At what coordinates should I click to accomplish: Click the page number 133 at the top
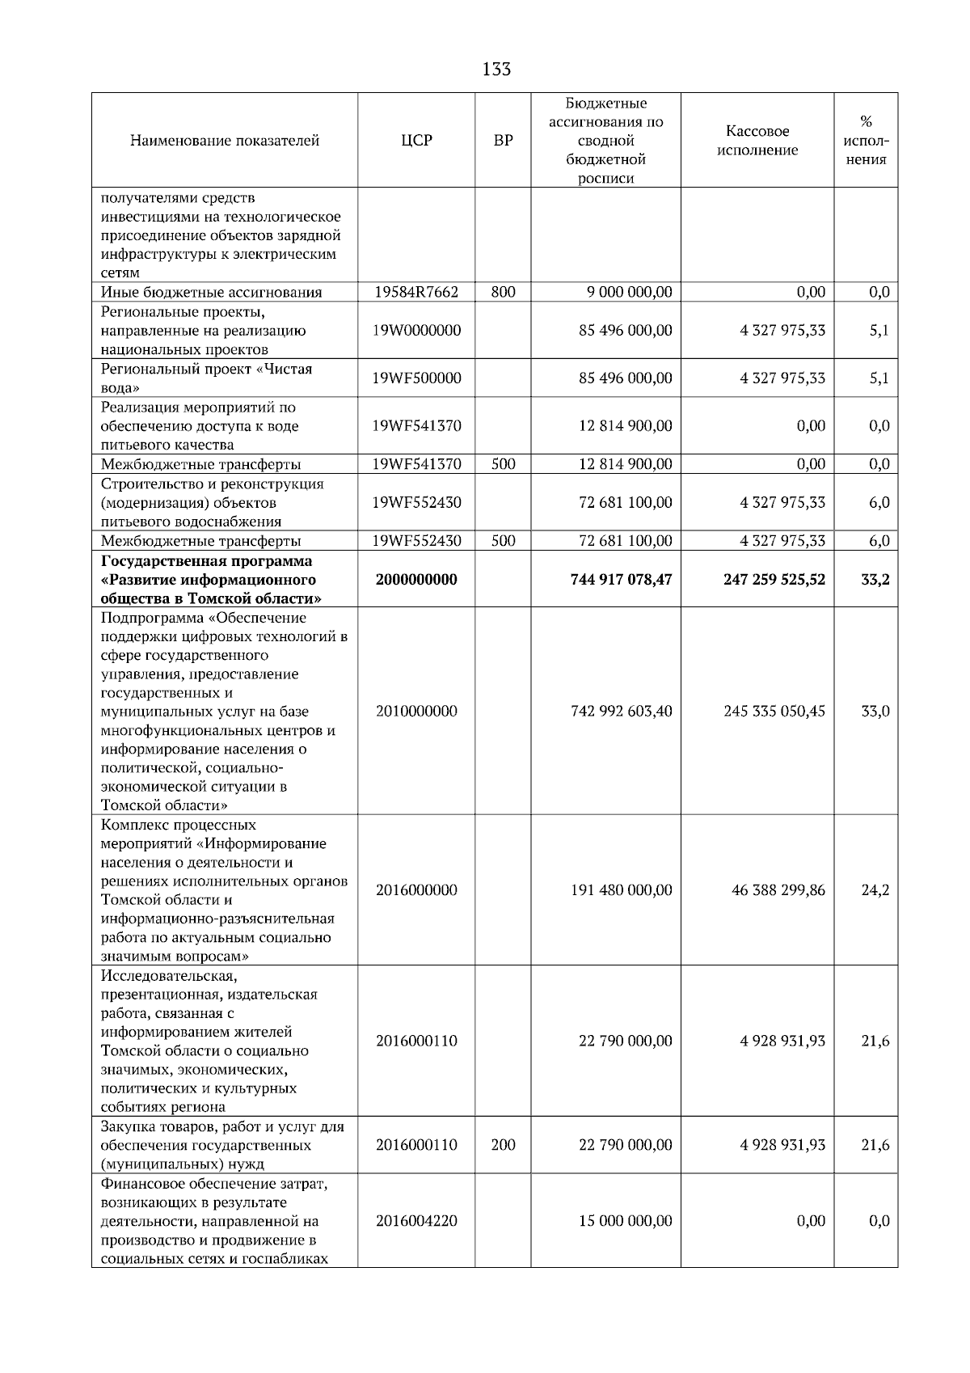(x=496, y=70)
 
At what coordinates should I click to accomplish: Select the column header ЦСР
(x=416, y=141)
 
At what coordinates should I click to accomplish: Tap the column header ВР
(x=503, y=141)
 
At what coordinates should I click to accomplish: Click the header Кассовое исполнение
(x=757, y=141)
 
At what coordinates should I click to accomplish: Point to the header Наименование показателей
(x=225, y=141)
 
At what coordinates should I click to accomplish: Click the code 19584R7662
(x=416, y=292)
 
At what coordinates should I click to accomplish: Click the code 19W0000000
(x=416, y=331)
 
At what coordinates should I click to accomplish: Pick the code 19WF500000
(x=416, y=378)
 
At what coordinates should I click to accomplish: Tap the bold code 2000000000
(x=416, y=580)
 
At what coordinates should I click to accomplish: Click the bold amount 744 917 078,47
(x=621, y=580)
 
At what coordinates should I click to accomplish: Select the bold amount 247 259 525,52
(x=774, y=580)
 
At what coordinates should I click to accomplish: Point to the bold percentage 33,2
(x=875, y=580)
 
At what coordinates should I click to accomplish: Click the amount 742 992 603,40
(x=621, y=712)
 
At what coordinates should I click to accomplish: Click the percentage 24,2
(x=875, y=890)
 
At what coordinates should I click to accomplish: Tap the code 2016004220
(x=416, y=1221)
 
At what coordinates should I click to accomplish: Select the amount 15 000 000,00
(x=625, y=1221)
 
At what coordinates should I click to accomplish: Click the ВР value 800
(x=503, y=292)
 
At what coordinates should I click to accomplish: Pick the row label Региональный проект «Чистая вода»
(x=206, y=378)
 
